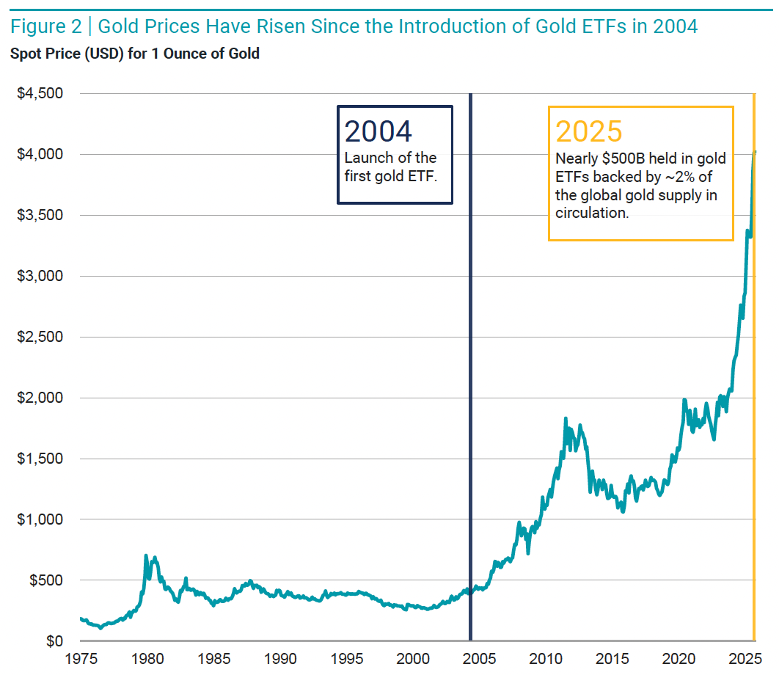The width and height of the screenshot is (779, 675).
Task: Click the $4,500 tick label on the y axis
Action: (x=41, y=94)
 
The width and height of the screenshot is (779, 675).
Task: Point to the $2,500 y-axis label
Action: (x=41, y=337)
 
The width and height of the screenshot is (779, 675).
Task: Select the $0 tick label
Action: (x=56, y=641)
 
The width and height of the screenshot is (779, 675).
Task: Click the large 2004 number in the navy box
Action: (x=378, y=131)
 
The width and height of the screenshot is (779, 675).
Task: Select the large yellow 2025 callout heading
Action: (x=589, y=131)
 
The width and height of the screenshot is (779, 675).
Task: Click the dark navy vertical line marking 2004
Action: (x=470, y=367)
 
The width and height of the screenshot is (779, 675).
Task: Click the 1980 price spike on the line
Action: (x=146, y=556)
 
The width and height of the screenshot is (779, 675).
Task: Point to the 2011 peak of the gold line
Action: (x=566, y=419)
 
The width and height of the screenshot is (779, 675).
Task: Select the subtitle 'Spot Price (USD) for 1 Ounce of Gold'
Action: (x=134, y=54)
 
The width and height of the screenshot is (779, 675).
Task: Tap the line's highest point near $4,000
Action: (x=755, y=152)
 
